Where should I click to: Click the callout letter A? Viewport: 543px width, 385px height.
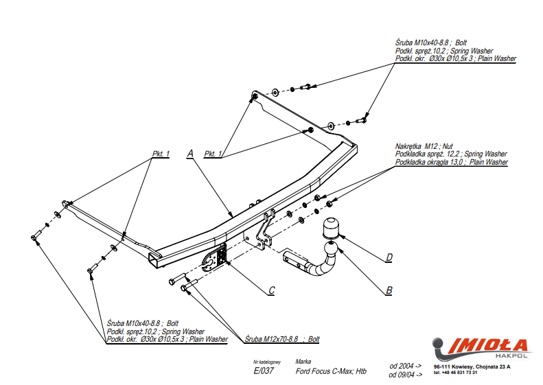(189, 154)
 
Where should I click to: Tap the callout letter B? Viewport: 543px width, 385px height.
(389, 290)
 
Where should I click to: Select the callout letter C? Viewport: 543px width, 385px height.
(271, 290)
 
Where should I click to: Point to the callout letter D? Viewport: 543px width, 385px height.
(389, 257)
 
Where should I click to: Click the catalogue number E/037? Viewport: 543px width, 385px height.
(264, 372)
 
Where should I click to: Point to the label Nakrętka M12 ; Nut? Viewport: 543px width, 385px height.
(424, 147)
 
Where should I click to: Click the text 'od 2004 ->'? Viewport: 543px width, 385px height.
(405, 366)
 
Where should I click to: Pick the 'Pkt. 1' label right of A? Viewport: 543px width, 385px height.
(215, 154)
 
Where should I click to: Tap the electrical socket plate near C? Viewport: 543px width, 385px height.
(220, 256)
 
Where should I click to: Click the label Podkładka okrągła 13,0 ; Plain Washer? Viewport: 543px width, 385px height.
(451, 162)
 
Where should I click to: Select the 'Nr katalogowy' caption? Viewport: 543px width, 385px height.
(267, 361)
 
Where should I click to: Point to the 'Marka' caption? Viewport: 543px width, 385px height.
(303, 360)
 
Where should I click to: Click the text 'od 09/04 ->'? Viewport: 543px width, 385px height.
(406, 375)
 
